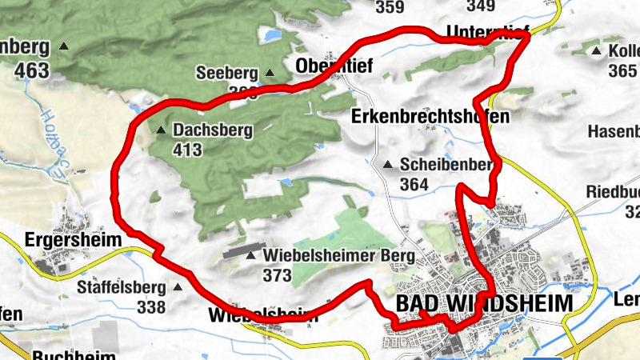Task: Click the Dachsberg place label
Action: (213, 130)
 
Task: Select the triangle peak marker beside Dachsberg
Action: (162, 130)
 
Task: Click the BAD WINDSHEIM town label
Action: (485, 304)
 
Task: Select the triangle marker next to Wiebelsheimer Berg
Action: (252, 256)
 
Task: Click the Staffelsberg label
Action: (122, 286)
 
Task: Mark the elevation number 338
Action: (151, 306)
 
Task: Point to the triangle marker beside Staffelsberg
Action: (178, 286)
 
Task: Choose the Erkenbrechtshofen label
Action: (430, 117)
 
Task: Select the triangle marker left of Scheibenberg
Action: (388, 165)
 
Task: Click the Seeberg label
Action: (227, 73)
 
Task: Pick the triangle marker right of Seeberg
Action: (270, 73)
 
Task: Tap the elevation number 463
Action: (31, 70)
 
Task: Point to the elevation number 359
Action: (390, 7)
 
